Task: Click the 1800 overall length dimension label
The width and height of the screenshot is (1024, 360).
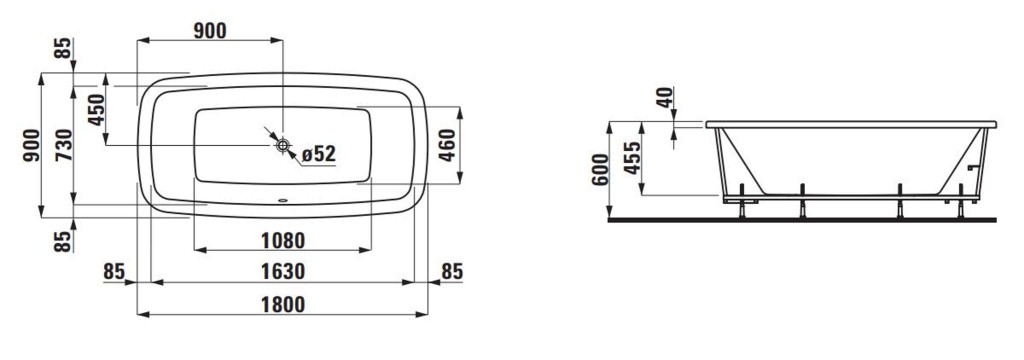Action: [x=283, y=304]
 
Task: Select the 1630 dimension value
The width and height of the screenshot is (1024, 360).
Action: [x=283, y=271]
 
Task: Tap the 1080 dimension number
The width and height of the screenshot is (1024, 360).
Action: [x=283, y=240]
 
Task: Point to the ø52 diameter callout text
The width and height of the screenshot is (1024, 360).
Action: [x=319, y=154]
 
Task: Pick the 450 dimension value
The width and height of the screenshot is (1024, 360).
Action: [x=96, y=110]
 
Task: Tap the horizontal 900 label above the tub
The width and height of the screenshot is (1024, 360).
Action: [x=210, y=31]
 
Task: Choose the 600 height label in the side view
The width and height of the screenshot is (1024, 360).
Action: [x=600, y=170]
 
